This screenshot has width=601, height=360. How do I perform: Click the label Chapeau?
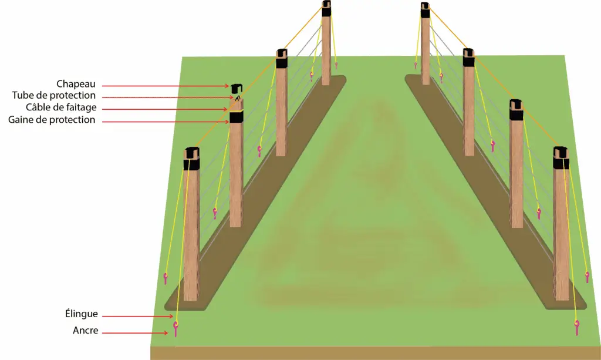(76, 85)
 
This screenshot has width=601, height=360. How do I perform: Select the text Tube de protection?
(53, 96)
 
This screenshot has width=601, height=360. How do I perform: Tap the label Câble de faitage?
(61, 107)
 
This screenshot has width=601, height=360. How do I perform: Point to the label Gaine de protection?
(52, 120)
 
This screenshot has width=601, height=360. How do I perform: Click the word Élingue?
(81, 314)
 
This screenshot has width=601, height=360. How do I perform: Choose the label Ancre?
(86, 331)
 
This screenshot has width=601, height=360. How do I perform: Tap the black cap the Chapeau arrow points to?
(237, 89)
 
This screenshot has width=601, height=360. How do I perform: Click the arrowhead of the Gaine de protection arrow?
(227, 122)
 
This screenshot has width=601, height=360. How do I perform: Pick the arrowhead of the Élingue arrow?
(171, 315)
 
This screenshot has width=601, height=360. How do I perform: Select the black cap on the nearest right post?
(561, 157)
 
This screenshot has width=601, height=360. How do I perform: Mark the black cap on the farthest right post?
(425, 10)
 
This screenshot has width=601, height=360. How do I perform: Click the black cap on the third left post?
(282, 59)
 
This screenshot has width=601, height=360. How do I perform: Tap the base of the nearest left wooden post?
(191, 297)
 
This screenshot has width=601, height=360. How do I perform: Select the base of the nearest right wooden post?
(562, 297)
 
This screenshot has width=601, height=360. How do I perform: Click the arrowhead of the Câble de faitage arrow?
(227, 109)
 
